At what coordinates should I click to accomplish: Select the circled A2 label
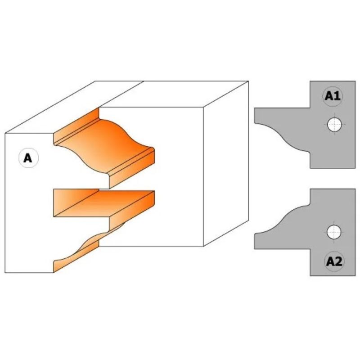click(x=333, y=261)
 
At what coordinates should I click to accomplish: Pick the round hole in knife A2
click(x=334, y=233)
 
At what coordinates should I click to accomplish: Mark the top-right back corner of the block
click(x=248, y=82)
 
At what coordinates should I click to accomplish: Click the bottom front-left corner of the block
click(x=5, y=273)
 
